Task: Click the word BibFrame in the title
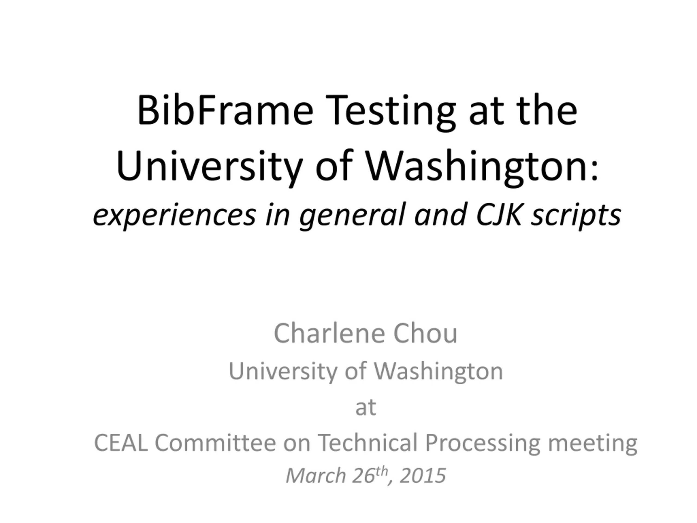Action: (x=225, y=110)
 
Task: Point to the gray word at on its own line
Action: (x=365, y=407)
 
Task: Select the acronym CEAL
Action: (x=121, y=443)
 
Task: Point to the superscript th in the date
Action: (x=382, y=471)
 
